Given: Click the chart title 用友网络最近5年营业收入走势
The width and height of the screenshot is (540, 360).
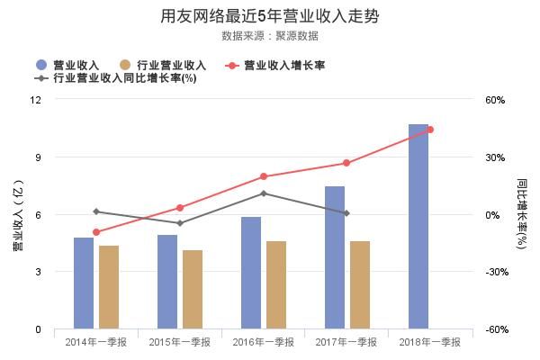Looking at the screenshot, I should (x=269, y=17).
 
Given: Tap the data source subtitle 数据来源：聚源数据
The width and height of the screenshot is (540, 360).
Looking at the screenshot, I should (x=269, y=36).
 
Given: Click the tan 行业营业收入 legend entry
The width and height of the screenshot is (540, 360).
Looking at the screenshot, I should (x=162, y=65).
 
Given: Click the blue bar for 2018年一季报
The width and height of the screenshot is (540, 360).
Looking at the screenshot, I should (x=418, y=227).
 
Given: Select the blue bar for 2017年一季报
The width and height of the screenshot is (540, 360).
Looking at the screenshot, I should (x=335, y=257).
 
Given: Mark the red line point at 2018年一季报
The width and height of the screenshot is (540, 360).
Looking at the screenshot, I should (x=430, y=130).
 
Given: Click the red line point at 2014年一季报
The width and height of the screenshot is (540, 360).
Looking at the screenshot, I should (x=96, y=232).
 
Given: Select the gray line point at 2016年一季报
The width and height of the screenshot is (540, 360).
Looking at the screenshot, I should (x=263, y=193).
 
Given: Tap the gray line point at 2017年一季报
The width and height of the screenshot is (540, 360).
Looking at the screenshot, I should (x=346, y=213).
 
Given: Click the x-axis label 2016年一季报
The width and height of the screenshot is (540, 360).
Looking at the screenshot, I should (x=263, y=342).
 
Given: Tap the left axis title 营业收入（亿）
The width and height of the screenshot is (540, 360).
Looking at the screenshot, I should (x=16, y=214).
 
